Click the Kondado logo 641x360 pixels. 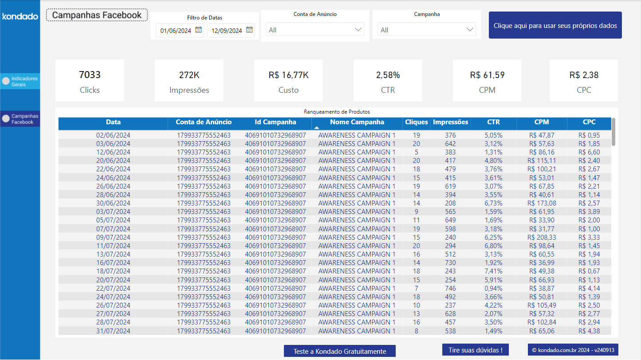(20, 16)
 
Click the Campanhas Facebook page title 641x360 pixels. (97, 15)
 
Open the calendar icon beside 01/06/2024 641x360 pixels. (198, 30)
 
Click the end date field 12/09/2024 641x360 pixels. (227, 31)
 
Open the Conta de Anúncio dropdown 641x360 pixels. (315, 30)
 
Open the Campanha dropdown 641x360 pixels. (426, 30)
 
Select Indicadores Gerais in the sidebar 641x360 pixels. (20, 81)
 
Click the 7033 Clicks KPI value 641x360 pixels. (90, 75)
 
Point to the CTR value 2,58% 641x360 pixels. (388, 75)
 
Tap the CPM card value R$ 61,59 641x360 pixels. (487, 75)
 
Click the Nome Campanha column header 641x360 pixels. (357, 123)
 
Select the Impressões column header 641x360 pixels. (450, 123)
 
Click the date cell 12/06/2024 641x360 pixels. (113, 152)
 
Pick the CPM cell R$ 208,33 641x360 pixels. (542, 237)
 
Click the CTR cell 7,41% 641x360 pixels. (493, 271)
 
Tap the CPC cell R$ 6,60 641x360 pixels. (589, 152)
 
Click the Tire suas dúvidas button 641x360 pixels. (475, 350)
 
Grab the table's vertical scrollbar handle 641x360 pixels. (613, 132)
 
